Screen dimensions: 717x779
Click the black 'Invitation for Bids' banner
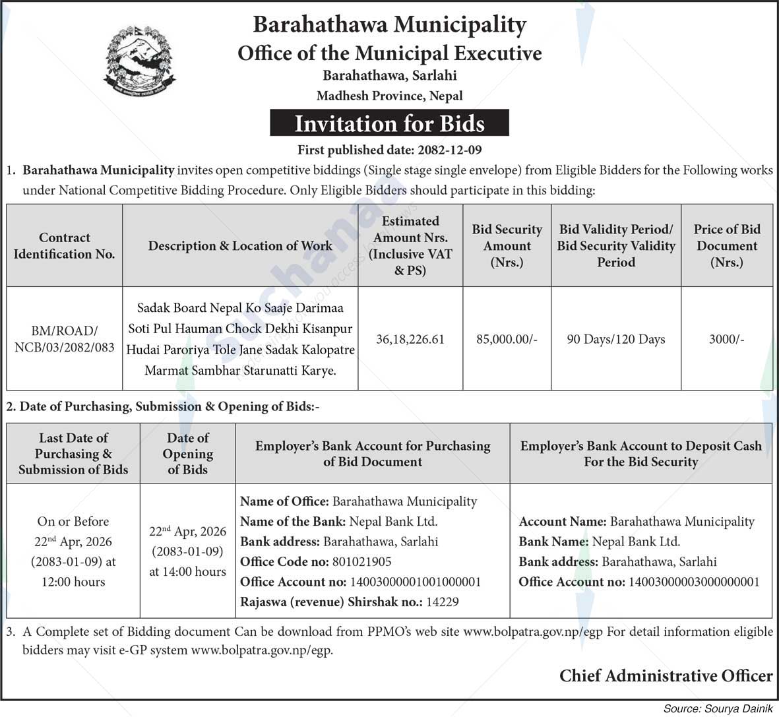click(389, 123)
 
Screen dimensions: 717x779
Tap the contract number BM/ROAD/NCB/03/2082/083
click(64, 338)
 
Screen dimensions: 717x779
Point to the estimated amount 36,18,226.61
click(410, 339)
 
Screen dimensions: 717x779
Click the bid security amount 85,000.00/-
click(507, 339)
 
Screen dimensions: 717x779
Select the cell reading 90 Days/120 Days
click(615, 339)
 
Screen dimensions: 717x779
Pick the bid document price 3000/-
click(726, 339)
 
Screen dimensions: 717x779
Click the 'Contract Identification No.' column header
click(64, 245)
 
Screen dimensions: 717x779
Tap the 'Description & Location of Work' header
click(240, 245)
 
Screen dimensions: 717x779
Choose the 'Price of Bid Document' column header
click(726, 245)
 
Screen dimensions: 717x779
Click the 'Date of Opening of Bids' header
click(187, 454)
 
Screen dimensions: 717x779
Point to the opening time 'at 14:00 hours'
click(187, 572)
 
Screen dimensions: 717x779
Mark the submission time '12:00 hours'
click(73, 582)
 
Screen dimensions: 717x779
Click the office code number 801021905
click(361, 562)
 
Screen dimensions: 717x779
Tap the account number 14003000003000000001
click(693, 582)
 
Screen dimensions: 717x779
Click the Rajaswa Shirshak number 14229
click(442, 602)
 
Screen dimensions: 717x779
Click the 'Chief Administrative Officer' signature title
click(666, 675)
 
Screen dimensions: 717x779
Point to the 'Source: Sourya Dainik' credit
click(717, 708)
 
